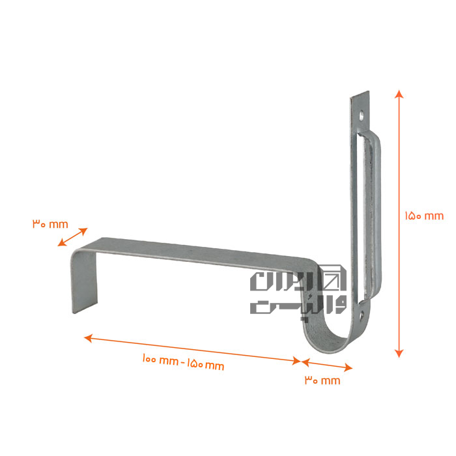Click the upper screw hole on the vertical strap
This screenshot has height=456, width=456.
361,117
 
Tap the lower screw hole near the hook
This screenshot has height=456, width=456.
362,315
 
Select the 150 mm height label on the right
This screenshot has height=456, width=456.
424,216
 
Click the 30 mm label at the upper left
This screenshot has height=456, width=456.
50,224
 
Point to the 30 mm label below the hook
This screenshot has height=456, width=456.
322,380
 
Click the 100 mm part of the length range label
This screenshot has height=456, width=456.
160,360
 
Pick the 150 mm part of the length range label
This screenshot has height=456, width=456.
205,364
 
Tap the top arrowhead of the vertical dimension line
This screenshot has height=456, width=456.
399,94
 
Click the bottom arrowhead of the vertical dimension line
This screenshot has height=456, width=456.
399,353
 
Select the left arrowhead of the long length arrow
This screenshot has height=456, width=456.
88,338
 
